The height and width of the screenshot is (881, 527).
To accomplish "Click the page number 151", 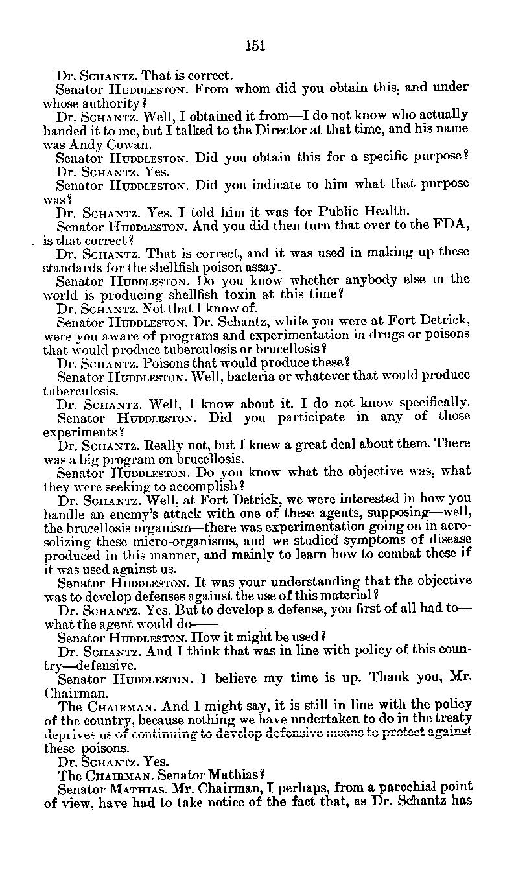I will (x=255, y=45).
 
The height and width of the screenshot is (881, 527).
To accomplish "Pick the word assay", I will (x=264, y=266).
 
